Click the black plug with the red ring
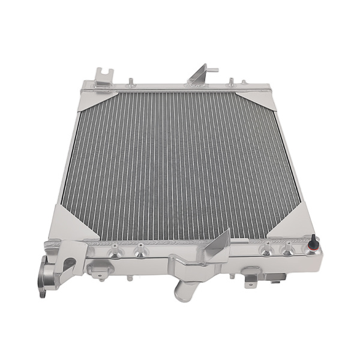pyautogui.click(x=312, y=242)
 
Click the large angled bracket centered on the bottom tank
pyautogui.click(x=213, y=247)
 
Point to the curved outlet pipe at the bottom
pyautogui.click(x=183, y=288)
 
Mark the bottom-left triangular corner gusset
pyautogui.click(x=70, y=221)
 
